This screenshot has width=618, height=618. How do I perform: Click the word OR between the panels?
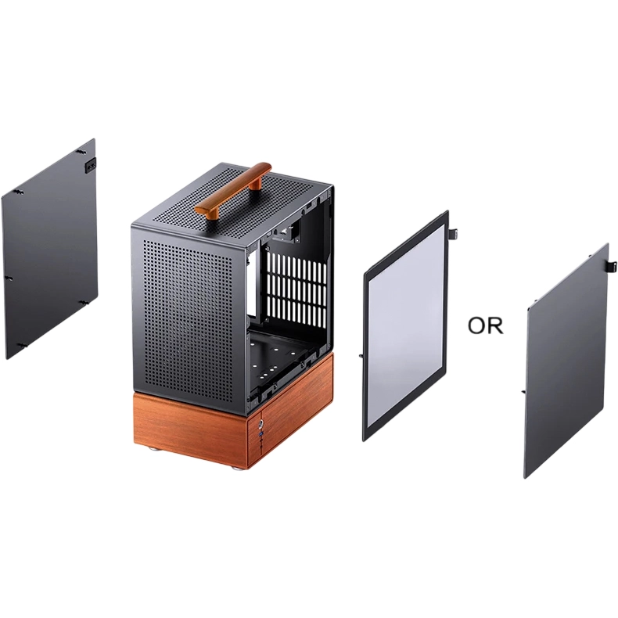(485, 325)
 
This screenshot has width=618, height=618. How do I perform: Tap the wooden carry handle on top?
(233, 188)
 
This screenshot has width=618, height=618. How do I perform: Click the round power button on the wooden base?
(261, 425)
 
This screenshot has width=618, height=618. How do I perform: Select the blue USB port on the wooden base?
(260, 434)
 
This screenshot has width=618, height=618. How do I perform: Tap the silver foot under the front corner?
(239, 468)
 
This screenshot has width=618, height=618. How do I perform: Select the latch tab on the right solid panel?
(613, 266)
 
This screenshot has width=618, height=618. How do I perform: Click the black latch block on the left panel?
(90, 164)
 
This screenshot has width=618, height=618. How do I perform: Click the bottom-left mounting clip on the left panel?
(22, 346)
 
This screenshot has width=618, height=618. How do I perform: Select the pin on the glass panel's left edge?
(361, 354)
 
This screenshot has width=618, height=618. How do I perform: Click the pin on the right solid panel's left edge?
(523, 391)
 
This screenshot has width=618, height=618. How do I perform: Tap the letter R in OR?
(496, 326)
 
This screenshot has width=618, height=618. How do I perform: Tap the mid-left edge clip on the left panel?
(9, 278)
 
